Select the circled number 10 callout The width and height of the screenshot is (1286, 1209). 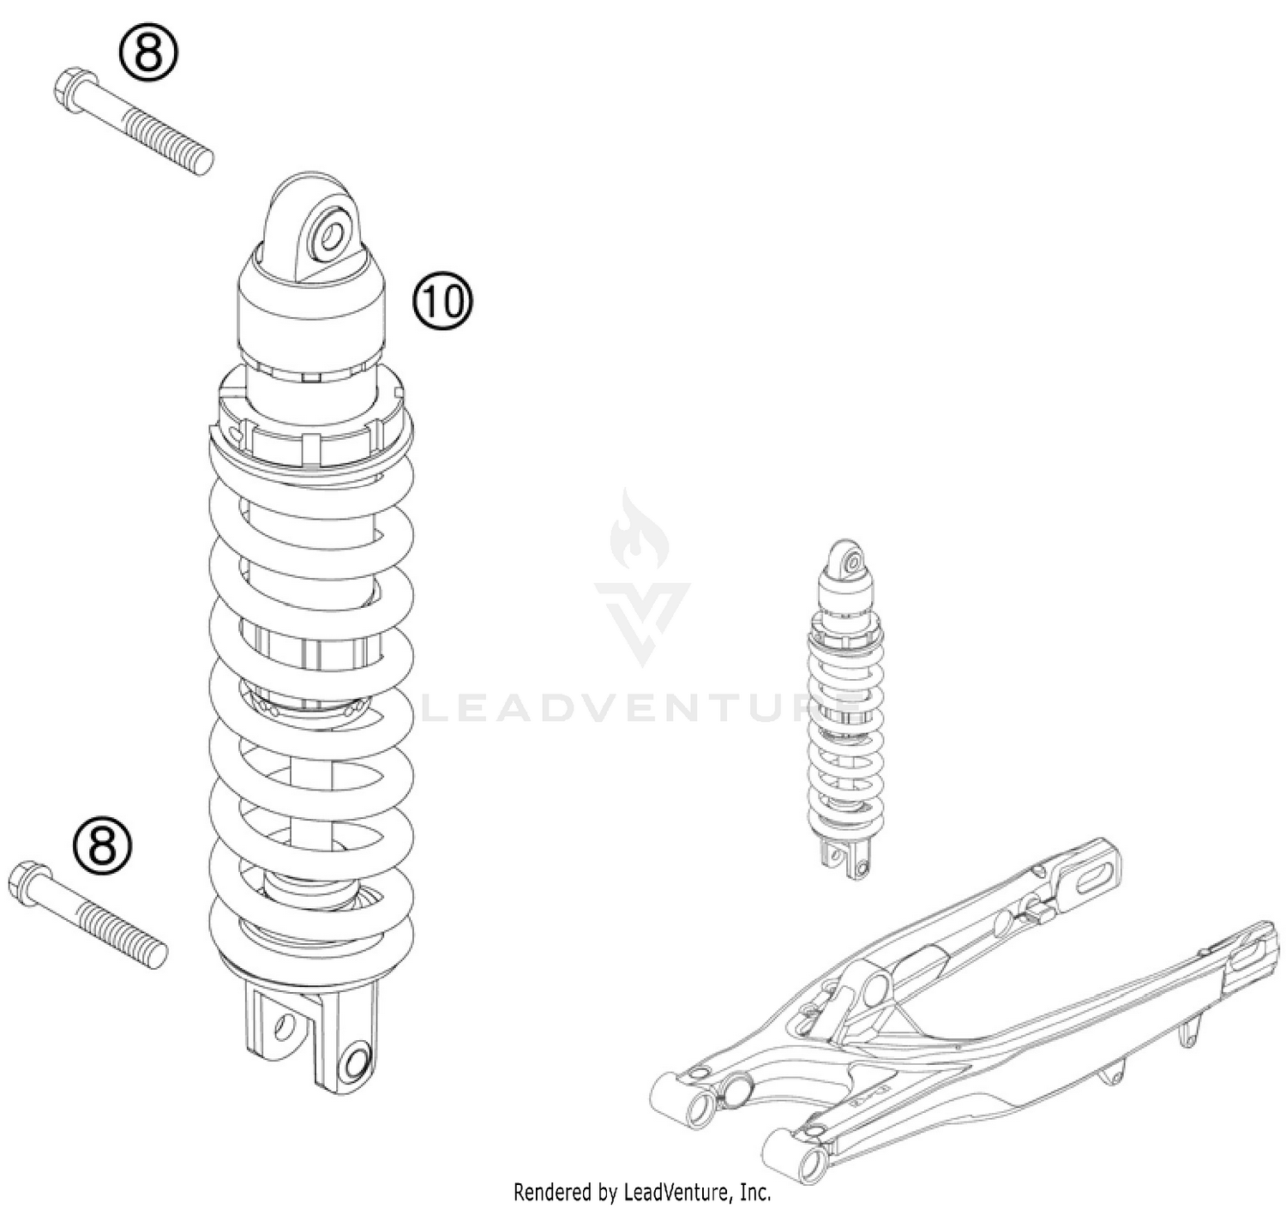[x=443, y=301]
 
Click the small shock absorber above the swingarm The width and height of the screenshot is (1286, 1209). [x=845, y=712]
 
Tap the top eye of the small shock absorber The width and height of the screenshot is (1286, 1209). [x=851, y=562]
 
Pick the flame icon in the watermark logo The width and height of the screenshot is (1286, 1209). [x=639, y=532]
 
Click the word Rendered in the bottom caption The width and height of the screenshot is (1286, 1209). [x=553, y=1192]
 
